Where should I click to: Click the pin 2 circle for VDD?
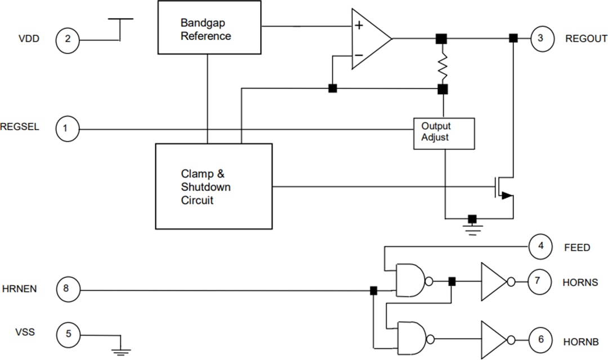68,39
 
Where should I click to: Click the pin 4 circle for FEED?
540,247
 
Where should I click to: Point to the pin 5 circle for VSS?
68,334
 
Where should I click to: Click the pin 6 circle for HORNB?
541,340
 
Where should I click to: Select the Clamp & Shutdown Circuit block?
213,186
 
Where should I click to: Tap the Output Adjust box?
444,133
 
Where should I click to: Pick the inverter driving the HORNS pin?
494,282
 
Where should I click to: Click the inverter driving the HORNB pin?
494,340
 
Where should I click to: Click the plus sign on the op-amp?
359,25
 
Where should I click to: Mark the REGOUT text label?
586,39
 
